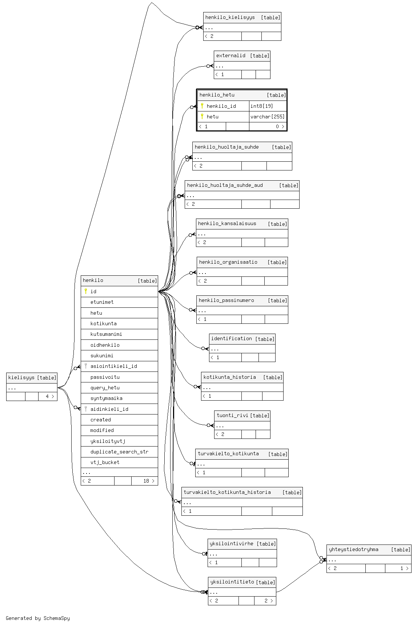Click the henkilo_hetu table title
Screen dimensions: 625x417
(x=217, y=95)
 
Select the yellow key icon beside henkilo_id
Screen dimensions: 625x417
(x=202, y=106)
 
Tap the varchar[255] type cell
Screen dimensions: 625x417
(x=268, y=117)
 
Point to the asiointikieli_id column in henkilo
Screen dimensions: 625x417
(x=113, y=366)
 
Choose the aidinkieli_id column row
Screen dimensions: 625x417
(x=109, y=409)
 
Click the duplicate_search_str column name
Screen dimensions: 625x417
(x=119, y=452)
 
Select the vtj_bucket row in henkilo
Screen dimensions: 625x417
(x=105, y=462)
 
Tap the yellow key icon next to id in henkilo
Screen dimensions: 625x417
(x=86, y=291)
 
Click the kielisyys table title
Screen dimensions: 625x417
(x=21, y=378)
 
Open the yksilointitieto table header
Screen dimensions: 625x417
(x=232, y=582)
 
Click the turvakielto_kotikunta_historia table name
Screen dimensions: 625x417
(x=227, y=492)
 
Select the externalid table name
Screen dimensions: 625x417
(x=231, y=56)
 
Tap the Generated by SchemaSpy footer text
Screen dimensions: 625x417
(x=38, y=618)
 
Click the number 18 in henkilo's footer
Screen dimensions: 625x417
(x=146, y=481)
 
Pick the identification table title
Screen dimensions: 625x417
(x=232, y=339)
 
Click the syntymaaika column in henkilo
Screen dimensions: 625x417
(x=106, y=398)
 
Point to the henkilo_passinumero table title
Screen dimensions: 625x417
(x=226, y=300)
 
